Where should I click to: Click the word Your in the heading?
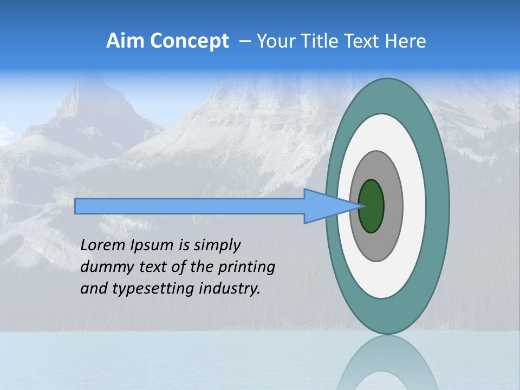(x=274, y=41)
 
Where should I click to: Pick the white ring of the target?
(x=414, y=206)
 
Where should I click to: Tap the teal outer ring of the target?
(x=437, y=206)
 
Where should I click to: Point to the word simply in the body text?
(x=217, y=246)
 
